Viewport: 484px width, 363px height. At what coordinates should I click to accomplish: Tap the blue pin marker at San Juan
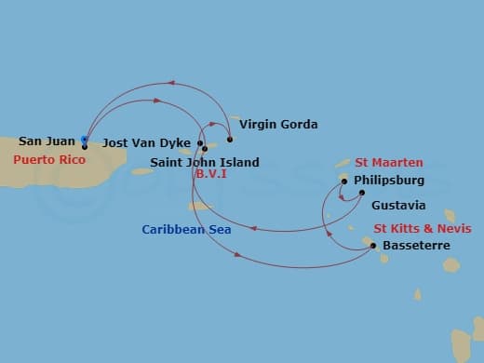click(x=84, y=141)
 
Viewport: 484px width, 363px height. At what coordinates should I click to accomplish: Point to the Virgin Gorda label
click(x=278, y=124)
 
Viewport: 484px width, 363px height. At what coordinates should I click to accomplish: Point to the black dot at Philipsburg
click(x=344, y=181)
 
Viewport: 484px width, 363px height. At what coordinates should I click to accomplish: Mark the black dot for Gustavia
click(x=362, y=193)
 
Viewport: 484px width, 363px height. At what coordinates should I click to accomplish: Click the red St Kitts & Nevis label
click(x=422, y=228)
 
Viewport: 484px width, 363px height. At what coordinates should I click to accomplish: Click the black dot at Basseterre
click(x=373, y=246)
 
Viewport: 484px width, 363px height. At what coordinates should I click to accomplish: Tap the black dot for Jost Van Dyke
click(x=199, y=143)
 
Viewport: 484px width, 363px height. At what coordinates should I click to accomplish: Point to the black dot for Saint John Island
click(x=204, y=149)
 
